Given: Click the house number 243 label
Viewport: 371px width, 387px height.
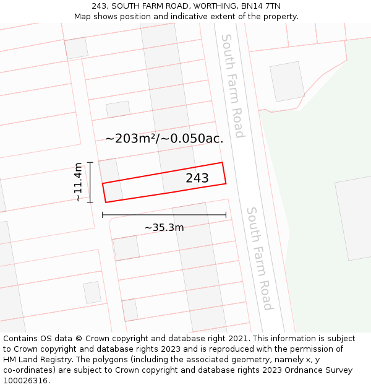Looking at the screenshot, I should point(197,178).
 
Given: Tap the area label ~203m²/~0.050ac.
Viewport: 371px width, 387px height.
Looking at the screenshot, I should point(164,139).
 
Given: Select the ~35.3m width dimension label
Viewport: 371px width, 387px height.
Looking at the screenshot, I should point(164,228).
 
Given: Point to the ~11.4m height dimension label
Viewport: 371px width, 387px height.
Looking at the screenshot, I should point(78,182).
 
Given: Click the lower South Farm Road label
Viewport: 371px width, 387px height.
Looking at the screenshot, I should point(258,258).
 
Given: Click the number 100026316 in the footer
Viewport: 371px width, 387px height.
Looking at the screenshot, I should point(26,381).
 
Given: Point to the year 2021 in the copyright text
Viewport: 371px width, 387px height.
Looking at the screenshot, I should point(237,339).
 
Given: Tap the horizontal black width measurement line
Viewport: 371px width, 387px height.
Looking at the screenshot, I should point(164,215).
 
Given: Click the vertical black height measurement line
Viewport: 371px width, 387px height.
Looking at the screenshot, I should point(90,182).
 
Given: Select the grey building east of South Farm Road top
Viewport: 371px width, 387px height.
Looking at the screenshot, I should point(288,81).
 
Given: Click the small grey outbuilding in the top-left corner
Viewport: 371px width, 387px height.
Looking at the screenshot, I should point(76,48).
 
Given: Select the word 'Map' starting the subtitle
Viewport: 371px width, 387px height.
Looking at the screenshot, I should point(82,17).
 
